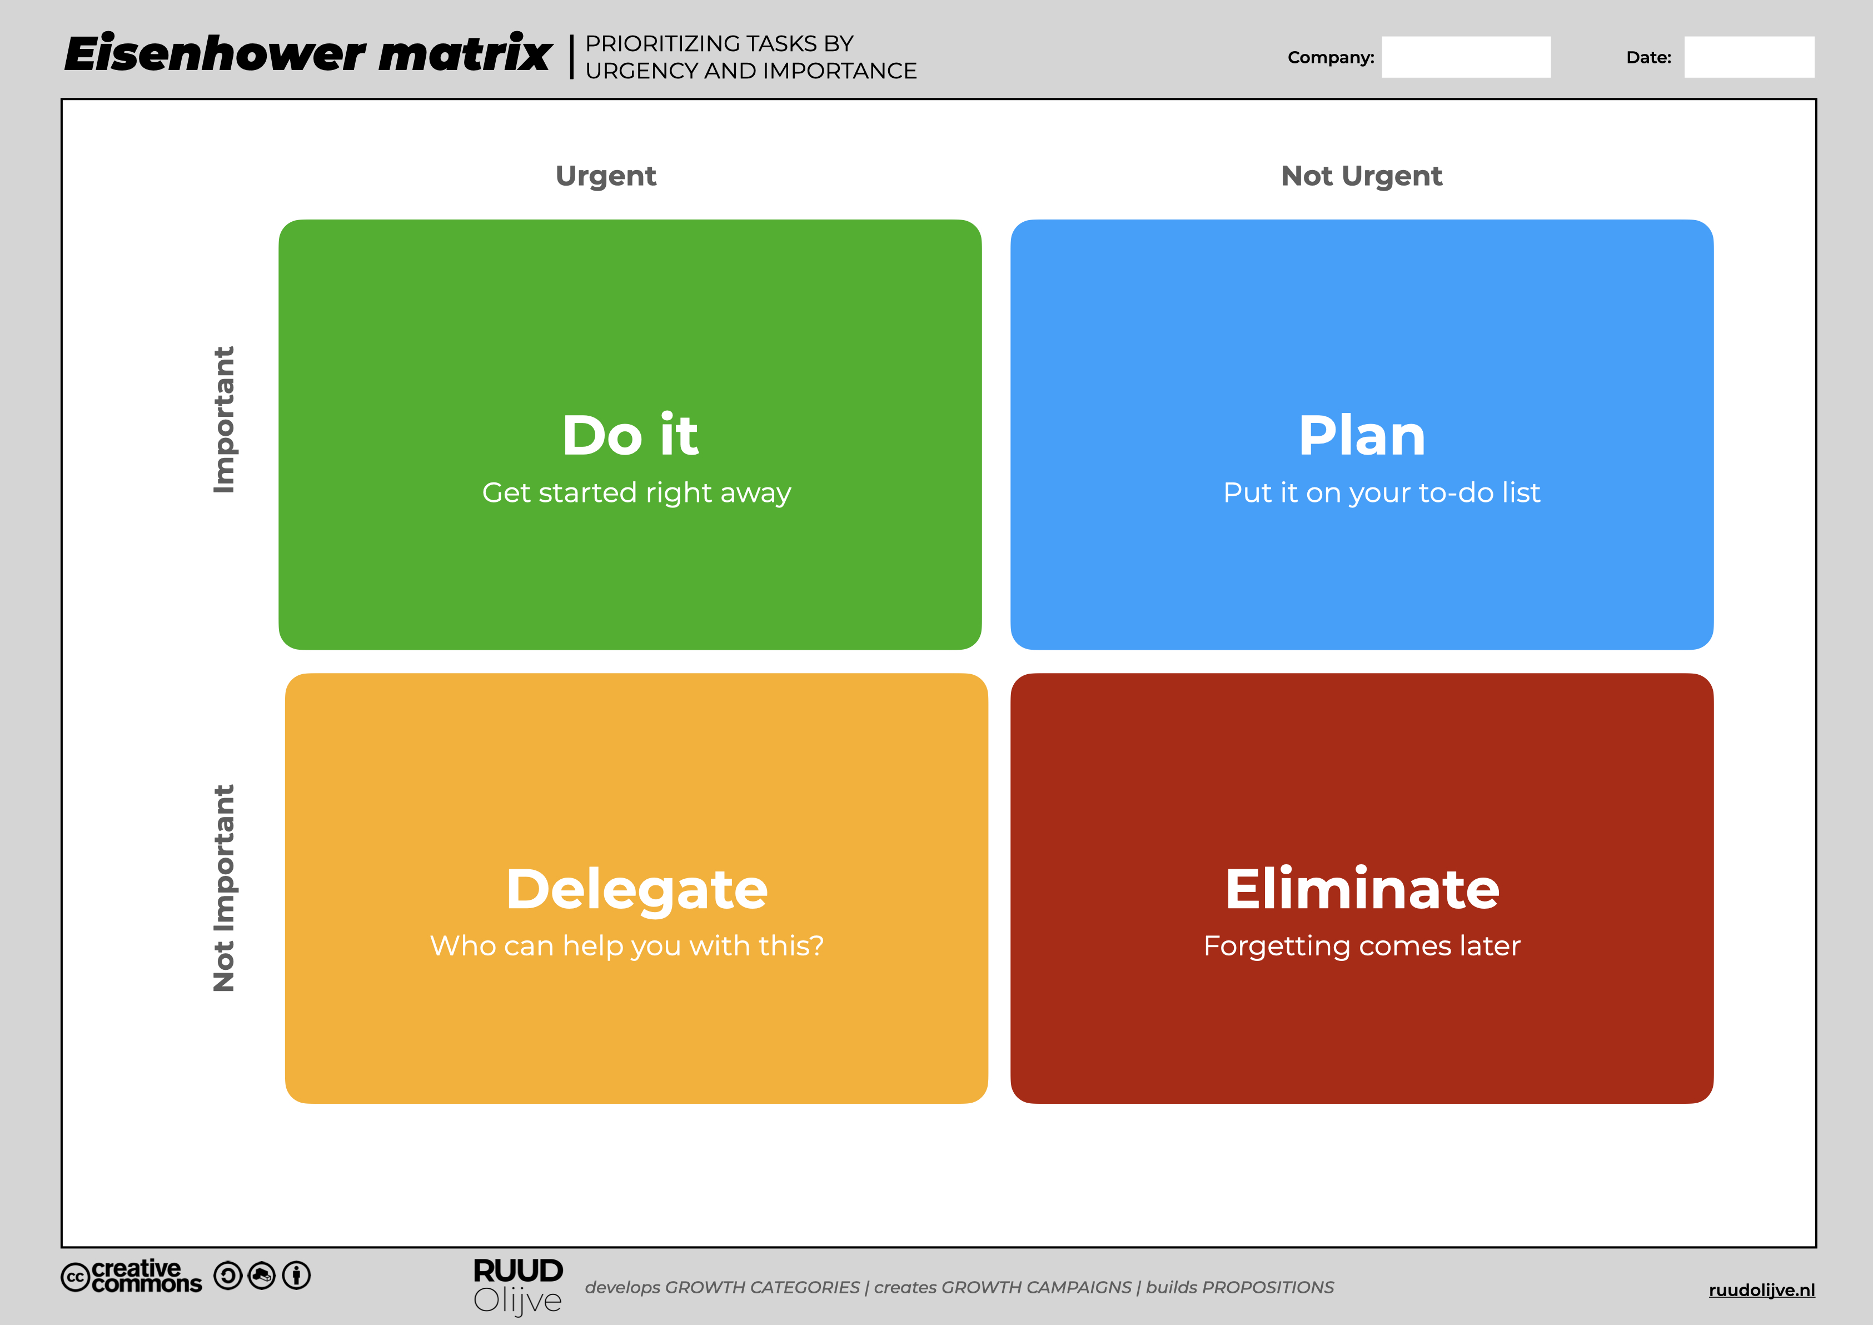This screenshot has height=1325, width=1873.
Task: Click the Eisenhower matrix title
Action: [308, 54]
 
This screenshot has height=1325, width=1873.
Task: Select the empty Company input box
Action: [1466, 57]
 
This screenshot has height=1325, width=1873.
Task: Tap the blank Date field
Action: [1749, 57]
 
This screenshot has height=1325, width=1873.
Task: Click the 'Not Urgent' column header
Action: [1362, 176]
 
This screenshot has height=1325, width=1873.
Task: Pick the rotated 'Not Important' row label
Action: [223, 889]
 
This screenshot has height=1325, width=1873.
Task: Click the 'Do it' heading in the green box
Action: [630, 435]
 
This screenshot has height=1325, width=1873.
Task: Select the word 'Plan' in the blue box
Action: [1362, 435]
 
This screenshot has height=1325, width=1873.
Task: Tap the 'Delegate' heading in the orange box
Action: [636, 889]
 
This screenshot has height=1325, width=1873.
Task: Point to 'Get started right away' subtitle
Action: [636, 494]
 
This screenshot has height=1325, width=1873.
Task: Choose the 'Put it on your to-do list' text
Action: [1381, 494]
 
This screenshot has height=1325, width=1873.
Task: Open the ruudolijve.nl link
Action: [1762, 1290]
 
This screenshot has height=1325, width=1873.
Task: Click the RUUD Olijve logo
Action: [518, 1287]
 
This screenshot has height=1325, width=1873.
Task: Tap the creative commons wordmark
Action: [131, 1277]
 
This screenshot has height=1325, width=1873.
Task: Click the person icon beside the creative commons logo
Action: [296, 1275]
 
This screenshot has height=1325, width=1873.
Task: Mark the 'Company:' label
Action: [1331, 58]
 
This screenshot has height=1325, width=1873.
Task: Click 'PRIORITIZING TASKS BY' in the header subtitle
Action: [719, 43]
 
